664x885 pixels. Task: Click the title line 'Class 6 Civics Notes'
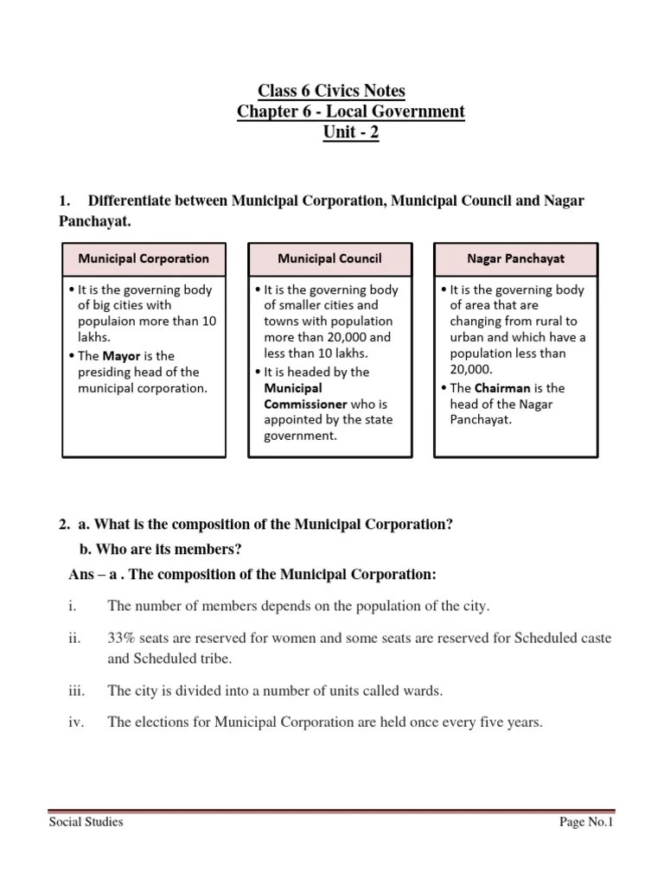332,91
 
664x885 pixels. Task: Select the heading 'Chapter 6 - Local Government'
350,112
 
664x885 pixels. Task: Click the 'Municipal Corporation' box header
144,258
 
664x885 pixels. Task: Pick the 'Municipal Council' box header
329,258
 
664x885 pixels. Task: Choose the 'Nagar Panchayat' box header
515,258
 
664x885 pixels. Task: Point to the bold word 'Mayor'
120,355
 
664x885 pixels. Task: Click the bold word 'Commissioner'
305,404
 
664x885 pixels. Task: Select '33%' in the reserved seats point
122,638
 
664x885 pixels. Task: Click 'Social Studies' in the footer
86,822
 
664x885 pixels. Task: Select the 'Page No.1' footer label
586,822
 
